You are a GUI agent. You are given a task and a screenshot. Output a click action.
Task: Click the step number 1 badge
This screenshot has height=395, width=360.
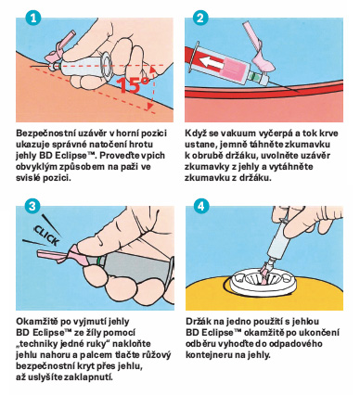tap(33, 18)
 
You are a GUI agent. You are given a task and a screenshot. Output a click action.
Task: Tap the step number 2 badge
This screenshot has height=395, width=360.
tap(200, 18)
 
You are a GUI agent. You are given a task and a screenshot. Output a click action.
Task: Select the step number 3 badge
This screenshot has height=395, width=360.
tap(32, 206)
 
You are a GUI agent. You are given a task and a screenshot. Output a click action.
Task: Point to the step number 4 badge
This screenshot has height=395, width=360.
tap(201, 206)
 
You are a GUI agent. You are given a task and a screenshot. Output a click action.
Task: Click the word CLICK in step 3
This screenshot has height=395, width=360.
tap(46, 236)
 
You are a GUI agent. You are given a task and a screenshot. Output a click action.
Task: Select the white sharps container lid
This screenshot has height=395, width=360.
tap(261, 281)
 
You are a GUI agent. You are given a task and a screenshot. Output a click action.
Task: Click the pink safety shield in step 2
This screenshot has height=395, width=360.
tap(258, 47)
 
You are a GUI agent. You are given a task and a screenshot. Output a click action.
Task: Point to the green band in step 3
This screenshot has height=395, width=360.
tap(98, 261)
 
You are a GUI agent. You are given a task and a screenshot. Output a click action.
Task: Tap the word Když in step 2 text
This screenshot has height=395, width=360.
tap(195, 134)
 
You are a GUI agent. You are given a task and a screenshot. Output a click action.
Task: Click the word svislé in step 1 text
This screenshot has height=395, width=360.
tap(28, 178)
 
